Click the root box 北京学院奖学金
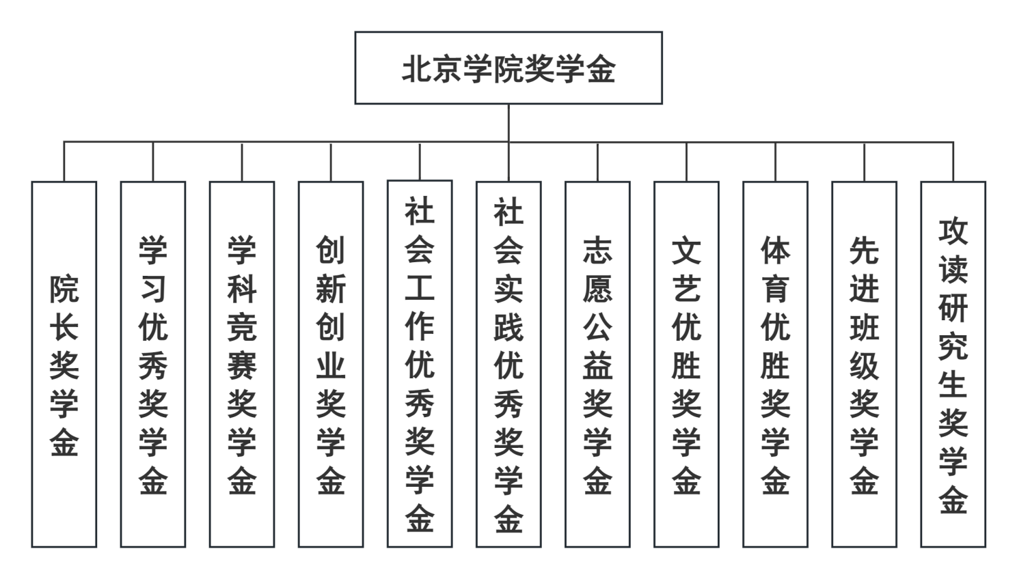pyautogui.click(x=508, y=68)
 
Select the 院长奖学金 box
pyautogui.click(x=64, y=365)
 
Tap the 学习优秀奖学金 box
pyautogui.click(x=153, y=365)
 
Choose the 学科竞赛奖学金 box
pyautogui.click(x=242, y=365)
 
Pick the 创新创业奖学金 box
pyautogui.click(x=331, y=365)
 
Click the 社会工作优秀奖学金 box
pyautogui.click(x=420, y=364)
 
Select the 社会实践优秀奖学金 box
pyautogui.click(x=509, y=365)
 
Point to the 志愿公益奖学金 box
pyautogui.click(x=597, y=365)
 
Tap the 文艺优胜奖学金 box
pyautogui.click(x=686, y=365)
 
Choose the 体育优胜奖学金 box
pyautogui.click(x=776, y=365)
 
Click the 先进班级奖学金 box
pyautogui.click(x=865, y=365)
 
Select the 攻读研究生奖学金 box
pyautogui.click(x=953, y=365)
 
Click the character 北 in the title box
pyautogui.click(x=416, y=70)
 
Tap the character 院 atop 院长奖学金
pyautogui.click(x=64, y=289)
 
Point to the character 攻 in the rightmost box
pyautogui.click(x=953, y=231)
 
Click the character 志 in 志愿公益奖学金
pyautogui.click(x=597, y=251)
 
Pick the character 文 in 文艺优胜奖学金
pyautogui.click(x=686, y=251)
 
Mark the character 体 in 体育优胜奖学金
pyautogui.click(x=776, y=251)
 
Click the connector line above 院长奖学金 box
pyautogui.click(x=64, y=162)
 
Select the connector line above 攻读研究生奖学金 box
pyautogui.click(x=953, y=162)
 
